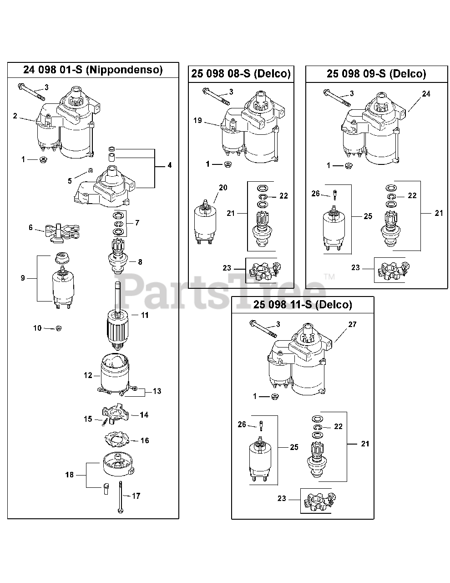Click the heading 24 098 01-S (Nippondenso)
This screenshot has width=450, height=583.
pyautogui.click(x=93, y=70)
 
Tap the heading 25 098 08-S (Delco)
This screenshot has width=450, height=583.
pyautogui.click(x=241, y=74)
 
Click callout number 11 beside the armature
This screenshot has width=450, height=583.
pyautogui.click(x=145, y=315)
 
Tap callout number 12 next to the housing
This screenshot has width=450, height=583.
pyautogui.click(x=88, y=375)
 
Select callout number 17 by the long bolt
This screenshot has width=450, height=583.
pyautogui.click(x=136, y=496)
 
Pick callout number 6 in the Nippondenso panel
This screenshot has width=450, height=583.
pyautogui.click(x=31, y=227)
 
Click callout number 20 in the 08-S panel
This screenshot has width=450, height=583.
pyautogui.click(x=223, y=187)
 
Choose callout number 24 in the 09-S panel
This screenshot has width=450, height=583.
pyautogui.click(x=426, y=94)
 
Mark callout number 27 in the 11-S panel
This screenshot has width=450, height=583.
pyautogui.click(x=352, y=325)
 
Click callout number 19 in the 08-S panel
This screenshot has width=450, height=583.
pyautogui.click(x=197, y=121)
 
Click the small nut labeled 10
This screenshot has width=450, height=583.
pyautogui.click(x=58, y=328)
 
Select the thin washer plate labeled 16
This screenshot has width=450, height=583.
pyautogui.click(x=117, y=440)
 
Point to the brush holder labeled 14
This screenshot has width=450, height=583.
pyautogui.click(x=116, y=413)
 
